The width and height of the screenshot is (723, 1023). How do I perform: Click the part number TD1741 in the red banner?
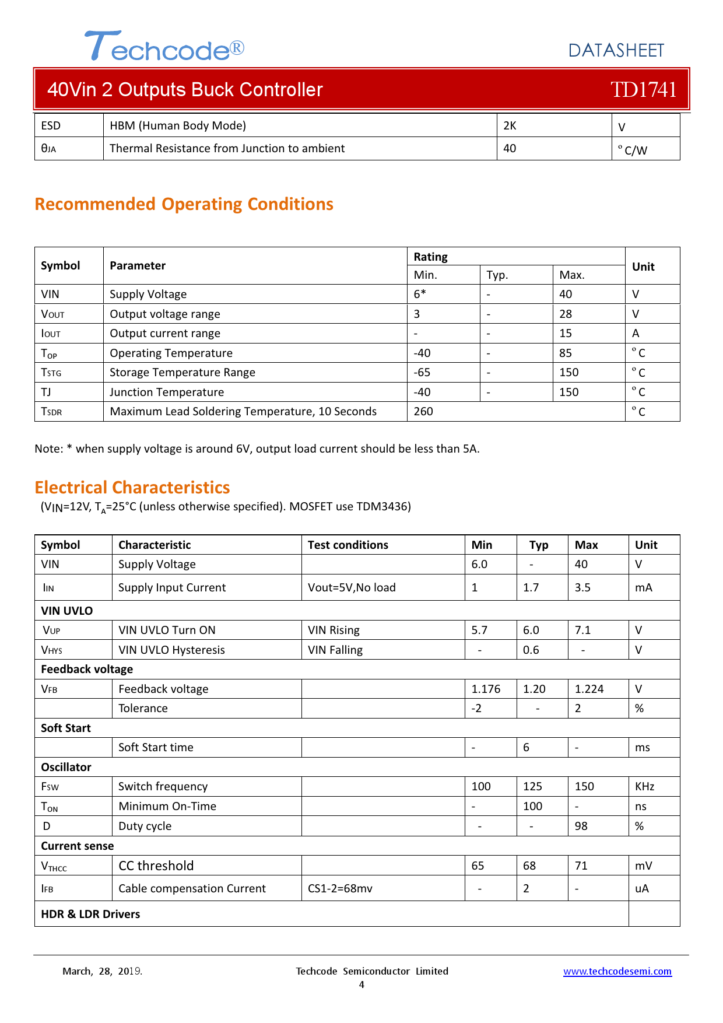tap(643, 90)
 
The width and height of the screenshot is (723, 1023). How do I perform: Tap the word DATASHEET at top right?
tap(616, 51)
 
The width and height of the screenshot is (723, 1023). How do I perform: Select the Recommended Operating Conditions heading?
tap(184, 204)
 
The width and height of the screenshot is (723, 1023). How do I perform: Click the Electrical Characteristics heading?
tap(132, 488)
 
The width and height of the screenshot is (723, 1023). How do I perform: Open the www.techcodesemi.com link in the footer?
tap(617, 971)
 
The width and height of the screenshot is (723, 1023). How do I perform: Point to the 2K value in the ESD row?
tap(510, 125)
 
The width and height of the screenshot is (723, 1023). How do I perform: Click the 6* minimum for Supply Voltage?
tap(420, 294)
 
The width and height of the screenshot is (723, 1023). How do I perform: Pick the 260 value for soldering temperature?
tap(423, 411)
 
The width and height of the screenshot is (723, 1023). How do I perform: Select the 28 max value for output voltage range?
tap(566, 314)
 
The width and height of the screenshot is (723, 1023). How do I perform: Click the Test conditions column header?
tap(348, 545)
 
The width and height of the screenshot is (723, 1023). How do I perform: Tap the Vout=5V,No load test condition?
tap(352, 587)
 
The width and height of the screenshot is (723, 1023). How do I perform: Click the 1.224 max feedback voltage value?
tap(589, 689)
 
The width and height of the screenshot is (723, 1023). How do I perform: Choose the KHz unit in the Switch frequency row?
tap(644, 786)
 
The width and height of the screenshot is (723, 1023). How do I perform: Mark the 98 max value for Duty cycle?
tap(581, 826)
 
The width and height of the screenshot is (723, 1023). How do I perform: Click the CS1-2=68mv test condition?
tap(340, 888)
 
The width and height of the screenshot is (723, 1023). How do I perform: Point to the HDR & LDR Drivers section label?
tap(90, 914)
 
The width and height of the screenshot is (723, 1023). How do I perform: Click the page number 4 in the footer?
tap(361, 985)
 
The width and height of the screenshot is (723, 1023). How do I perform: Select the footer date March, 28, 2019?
tap(102, 971)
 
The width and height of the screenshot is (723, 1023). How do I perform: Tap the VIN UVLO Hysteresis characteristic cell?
tap(171, 650)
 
